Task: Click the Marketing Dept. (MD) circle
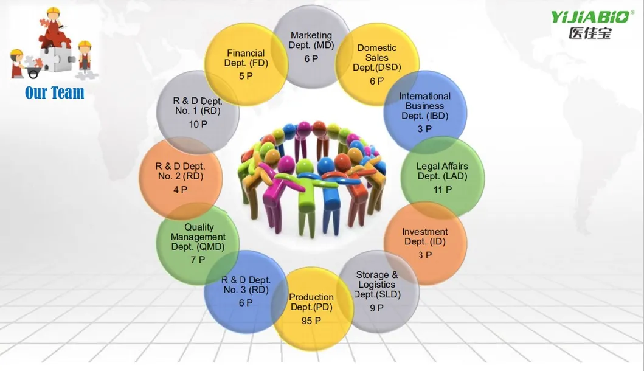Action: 311,47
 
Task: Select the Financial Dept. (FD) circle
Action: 246,64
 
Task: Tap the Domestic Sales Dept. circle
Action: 377,64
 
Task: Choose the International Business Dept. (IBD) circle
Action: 425,112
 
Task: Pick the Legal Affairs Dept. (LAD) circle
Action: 442,178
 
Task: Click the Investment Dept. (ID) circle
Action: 425,243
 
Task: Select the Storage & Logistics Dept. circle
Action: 377,291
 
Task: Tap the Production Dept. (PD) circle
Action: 311,308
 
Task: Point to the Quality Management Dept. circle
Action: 198,243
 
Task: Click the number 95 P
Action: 311,321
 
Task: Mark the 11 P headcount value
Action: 442,190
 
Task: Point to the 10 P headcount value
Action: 198,124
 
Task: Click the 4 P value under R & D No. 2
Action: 180,190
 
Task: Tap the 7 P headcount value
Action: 198,260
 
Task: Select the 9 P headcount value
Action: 376,308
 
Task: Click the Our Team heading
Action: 55,92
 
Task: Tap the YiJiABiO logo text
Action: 590,17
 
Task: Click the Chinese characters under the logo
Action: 590,32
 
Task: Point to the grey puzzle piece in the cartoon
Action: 58,59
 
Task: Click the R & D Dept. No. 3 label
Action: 246,285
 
